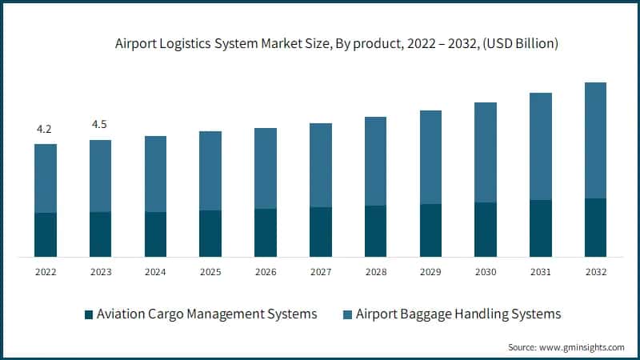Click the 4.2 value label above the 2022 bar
tap(46, 128)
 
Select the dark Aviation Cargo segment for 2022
tap(46, 234)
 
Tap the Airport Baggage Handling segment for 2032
tap(595, 140)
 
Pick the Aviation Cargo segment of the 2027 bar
tap(321, 232)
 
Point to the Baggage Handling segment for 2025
tap(210, 170)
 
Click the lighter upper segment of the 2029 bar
tap(430, 157)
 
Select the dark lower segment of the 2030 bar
tap(486, 230)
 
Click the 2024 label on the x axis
tap(156, 272)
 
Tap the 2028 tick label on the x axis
tap(375, 272)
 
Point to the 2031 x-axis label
tap(541, 272)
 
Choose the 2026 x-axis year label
tap(266, 272)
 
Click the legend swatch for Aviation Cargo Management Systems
tap(88, 314)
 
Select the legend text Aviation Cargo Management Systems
tap(206, 314)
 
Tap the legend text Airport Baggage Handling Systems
tap(458, 314)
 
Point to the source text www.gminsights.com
tap(566, 347)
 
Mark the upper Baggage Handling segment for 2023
tap(101, 176)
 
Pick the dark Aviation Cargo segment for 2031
tap(541, 228)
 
